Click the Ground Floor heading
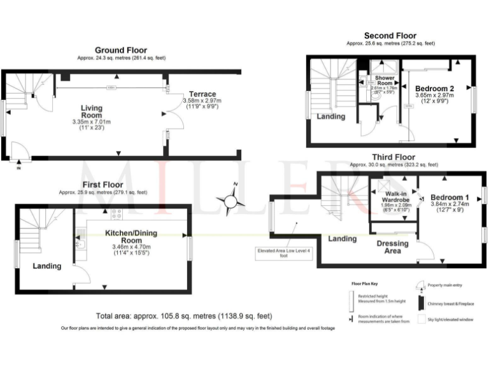click(120, 50)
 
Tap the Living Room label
click(92, 112)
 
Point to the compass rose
click(229, 201)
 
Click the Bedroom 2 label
click(434, 88)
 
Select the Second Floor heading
click(390, 36)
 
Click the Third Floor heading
click(393, 157)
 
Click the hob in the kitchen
click(117, 215)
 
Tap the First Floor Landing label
click(47, 266)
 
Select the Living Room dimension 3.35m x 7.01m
click(92, 122)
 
